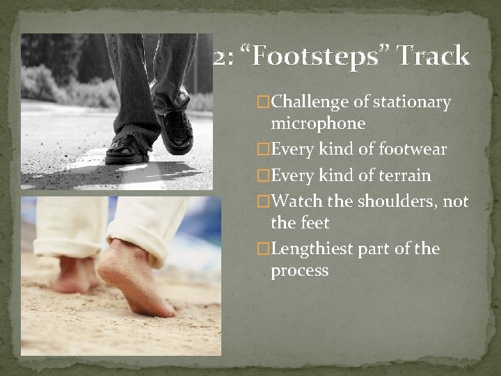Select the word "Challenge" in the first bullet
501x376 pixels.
(x=310, y=102)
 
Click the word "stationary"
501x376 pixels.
(x=413, y=102)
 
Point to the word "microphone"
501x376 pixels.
(x=318, y=124)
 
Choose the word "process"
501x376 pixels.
(x=299, y=271)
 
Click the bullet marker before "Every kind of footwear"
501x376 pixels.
(x=263, y=150)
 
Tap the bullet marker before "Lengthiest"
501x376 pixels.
(x=263, y=249)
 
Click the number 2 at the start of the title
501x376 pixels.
(x=220, y=56)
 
